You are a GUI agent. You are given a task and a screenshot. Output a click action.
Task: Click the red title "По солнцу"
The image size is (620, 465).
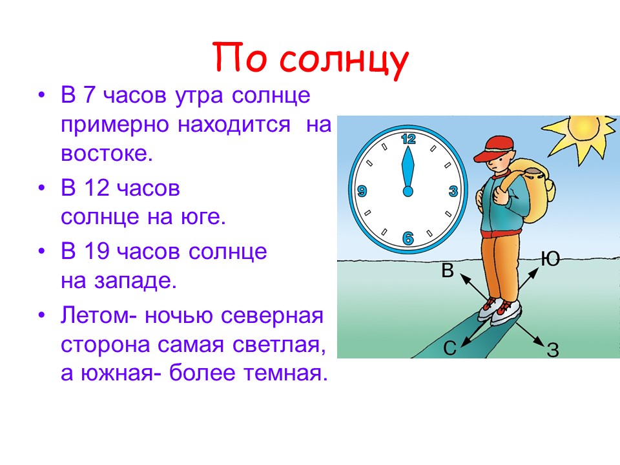tap(311, 59)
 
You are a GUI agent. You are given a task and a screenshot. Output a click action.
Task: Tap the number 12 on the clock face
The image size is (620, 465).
tap(408, 139)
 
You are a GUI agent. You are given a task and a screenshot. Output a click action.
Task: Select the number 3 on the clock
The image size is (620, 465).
tap(453, 191)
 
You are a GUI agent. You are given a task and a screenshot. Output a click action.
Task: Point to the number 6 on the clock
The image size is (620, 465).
tap(408, 238)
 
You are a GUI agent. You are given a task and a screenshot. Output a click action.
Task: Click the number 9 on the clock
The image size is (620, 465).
tap(362, 191)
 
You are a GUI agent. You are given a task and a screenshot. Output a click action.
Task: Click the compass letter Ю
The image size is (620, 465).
tap(550, 259)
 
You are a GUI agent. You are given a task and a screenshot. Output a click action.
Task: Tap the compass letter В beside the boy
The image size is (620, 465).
tap(447, 271)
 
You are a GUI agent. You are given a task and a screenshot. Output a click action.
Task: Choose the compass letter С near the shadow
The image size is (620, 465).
tap(450, 348)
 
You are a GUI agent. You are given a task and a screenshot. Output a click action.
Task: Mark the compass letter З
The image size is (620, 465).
tap(553, 349)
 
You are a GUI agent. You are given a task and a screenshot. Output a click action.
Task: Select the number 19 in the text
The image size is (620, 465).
tap(96, 251)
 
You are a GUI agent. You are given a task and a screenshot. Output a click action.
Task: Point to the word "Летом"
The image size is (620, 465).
tap(95, 316)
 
